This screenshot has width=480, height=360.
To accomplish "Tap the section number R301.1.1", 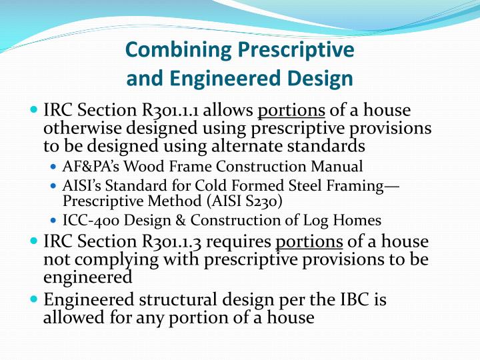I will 171,110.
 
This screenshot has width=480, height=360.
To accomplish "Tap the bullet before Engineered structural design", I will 34,300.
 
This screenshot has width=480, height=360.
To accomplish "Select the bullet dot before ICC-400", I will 55,220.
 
